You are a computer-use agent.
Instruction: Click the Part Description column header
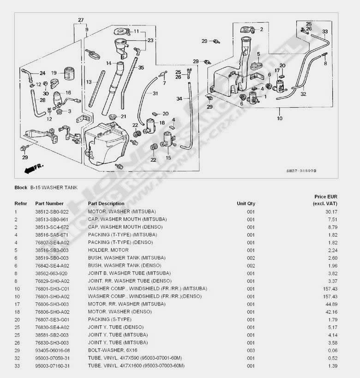[106, 203]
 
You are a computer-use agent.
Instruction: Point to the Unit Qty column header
[246, 203]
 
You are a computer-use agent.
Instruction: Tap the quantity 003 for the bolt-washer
[251, 350]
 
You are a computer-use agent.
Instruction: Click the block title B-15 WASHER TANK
[54, 188]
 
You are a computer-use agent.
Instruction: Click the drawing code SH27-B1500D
[301, 171]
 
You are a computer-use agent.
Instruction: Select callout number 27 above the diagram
[81, 20]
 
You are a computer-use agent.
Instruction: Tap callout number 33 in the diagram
[325, 32]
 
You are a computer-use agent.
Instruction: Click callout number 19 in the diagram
[54, 73]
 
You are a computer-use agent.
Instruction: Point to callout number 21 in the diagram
[123, 116]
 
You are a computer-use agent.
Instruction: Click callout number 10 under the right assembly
[279, 118]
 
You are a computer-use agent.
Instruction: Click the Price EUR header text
[325, 196]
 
